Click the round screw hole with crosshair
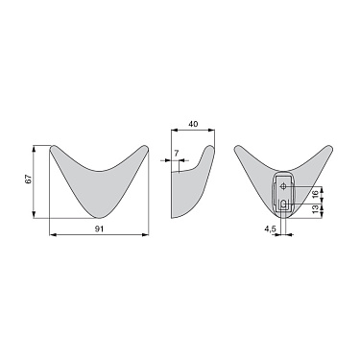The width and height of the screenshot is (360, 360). (285, 186)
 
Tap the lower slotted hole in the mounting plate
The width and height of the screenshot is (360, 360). (285, 204)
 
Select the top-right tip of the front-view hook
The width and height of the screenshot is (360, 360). (145, 149)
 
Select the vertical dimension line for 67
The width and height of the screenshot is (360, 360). (37, 181)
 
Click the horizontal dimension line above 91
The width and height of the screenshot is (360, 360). (99, 234)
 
